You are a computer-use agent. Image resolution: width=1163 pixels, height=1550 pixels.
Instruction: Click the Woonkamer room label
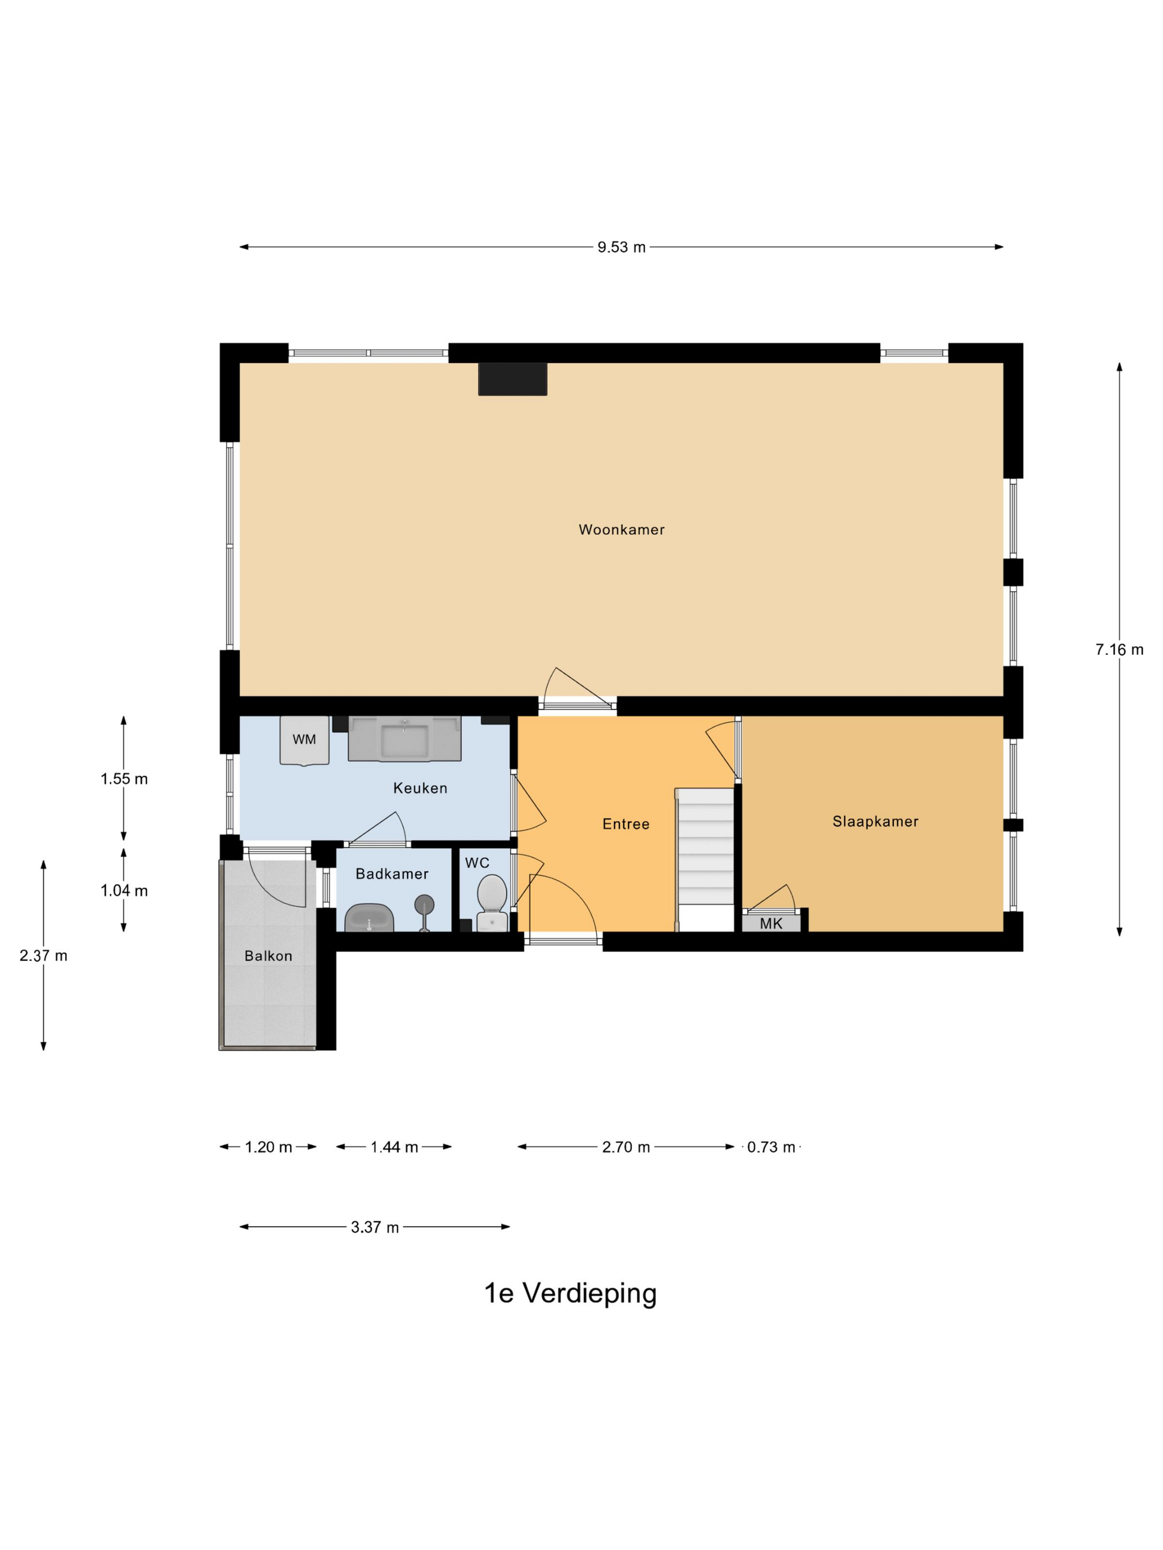tap(621, 530)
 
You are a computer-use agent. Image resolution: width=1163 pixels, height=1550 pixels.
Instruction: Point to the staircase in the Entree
tap(704, 848)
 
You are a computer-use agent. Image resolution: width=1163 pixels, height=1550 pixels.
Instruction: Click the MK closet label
tap(770, 923)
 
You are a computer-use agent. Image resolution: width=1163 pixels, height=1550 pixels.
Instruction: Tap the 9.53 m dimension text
tap(621, 247)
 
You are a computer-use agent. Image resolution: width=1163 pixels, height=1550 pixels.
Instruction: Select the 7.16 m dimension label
tap(1119, 649)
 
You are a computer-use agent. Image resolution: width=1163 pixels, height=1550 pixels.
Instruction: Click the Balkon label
tap(268, 956)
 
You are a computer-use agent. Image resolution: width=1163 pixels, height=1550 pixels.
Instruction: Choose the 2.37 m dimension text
tap(43, 956)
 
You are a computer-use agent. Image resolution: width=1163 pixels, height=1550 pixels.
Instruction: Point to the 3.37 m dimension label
tap(374, 1227)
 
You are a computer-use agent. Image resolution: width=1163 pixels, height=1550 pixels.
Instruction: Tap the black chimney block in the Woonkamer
tap(512, 379)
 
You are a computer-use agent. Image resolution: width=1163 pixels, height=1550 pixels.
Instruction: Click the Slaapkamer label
tap(875, 821)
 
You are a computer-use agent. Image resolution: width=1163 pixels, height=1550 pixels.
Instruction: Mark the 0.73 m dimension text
tap(770, 1147)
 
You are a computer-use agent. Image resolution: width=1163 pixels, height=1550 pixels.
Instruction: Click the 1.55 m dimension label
tap(124, 778)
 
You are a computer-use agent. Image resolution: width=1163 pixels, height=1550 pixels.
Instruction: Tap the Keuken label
tap(420, 788)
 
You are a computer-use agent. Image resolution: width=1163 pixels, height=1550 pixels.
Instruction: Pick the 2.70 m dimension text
tap(625, 1147)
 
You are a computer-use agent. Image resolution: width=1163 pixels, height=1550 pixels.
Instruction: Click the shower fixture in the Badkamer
tap(424, 908)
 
